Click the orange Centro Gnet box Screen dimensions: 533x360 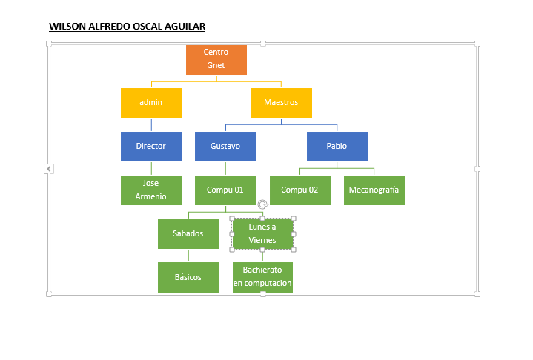(x=216, y=60)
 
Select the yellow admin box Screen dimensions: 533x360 (x=151, y=103)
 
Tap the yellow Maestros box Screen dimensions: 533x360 (x=282, y=103)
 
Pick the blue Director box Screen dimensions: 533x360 (x=151, y=147)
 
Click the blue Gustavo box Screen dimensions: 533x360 (x=225, y=147)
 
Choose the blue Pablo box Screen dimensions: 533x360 (x=337, y=147)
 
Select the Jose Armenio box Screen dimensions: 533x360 (x=151, y=190)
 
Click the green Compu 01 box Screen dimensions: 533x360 (x=225, y=190)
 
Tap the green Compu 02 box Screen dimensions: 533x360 (x=299, y=190)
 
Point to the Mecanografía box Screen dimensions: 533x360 (x=374, y=190)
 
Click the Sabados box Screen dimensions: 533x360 (x=188, y=233)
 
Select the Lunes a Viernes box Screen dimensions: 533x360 (x=262, y=233)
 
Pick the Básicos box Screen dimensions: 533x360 (x=188, y=277)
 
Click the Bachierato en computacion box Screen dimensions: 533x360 (x=262, y=277)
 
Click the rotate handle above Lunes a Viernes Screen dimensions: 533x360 (x=262, y=204)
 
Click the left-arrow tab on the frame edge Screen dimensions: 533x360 (x=49, y=169)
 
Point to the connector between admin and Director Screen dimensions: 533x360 (x=151, y=124)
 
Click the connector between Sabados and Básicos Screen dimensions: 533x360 (x=188, y=256)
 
